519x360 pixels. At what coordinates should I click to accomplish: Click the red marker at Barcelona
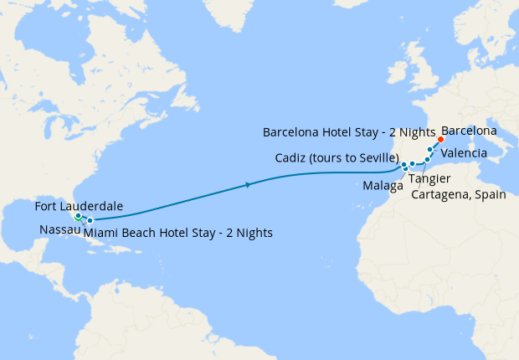tap(441, 140)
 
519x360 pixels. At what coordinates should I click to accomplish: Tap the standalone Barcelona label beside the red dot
tap(469, 131)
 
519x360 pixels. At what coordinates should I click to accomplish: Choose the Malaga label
tap(380, 185)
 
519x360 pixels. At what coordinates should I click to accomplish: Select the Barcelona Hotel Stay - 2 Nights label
tap(348, 132)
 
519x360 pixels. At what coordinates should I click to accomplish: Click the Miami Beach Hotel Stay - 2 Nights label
tap(178, 232)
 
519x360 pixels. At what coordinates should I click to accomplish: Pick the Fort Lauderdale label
tap(80, 206)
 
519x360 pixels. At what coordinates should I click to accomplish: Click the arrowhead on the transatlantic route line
tap(249, 185)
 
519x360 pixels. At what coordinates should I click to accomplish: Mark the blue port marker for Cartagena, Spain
tap(427, 159)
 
